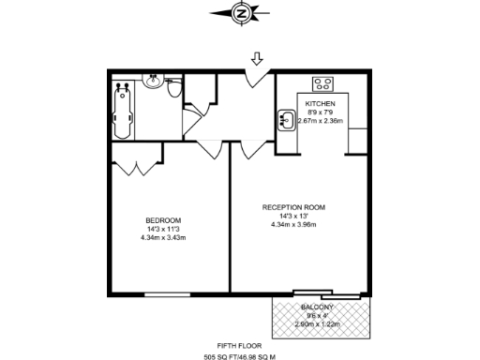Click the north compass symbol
click(x=242, y=13)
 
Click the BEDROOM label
click(x=163, y=220)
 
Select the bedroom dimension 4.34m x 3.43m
click(x=163, y=237)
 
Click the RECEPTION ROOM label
click(x=293, y=206)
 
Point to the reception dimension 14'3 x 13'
click(x=293, y=216)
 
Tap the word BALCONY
click(x=317, y=307)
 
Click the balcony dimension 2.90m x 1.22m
click(x=317, y=323)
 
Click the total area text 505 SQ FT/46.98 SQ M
click(x=239, y=356)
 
